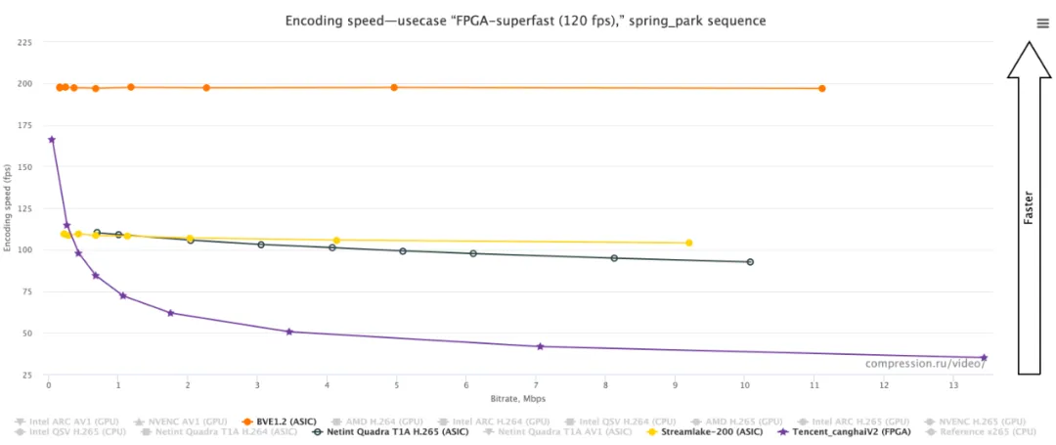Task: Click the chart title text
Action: pos(525,20)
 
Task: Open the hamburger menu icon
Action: pos(1042,23)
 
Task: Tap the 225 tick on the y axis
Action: pos(24,43)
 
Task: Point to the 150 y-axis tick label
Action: pos(24,167)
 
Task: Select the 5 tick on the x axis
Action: pos(396,386)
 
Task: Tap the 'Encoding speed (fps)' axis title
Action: pos(8,208)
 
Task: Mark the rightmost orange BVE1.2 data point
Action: pos(822,89)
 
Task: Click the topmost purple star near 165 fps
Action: pos(52,140)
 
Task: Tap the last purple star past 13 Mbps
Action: pos(984,358)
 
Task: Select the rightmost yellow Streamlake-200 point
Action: pos(689,243)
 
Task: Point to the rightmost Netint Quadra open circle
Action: pos(750,262)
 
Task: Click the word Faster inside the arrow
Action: pos(1028,208)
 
